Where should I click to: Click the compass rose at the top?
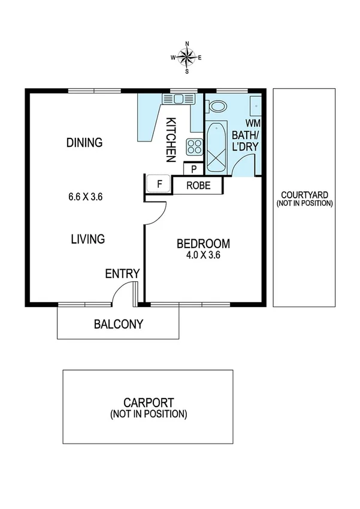pos(187,58)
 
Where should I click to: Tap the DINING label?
pos(84,143)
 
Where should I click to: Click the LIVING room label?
pos(88,239)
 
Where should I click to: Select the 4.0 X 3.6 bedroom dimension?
pos(204,255)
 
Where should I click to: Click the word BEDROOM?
pos(204,244)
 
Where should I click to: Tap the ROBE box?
pos(198,185)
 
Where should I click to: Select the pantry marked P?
pos(193,169)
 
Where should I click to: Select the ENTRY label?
pos(122,274)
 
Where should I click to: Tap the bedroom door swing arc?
pos(156,213)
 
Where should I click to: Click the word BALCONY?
pos(119,324)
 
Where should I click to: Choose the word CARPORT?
pos(149,403)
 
